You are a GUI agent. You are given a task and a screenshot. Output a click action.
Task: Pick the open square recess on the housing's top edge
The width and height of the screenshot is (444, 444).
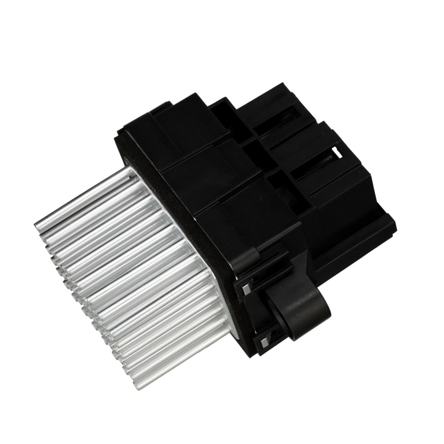pyautogui.click(x=221, y=114)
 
